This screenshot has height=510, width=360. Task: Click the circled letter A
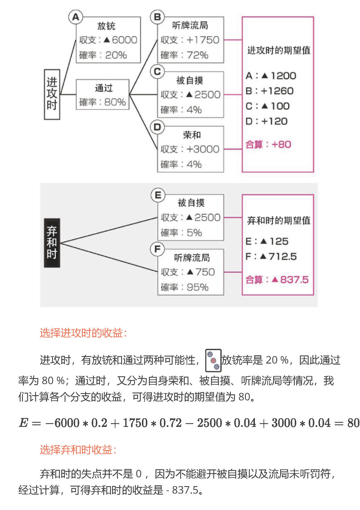pyautogui.click(x=76, y=17)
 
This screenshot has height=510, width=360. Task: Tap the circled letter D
pyautogui.click(x=157, y=127)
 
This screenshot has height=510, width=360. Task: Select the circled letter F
pyautogui.click(x=157, y=249)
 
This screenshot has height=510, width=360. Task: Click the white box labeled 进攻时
pyautogui.click(x=52, y=94)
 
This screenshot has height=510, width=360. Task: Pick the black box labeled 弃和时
pyautogui.click(x=52, y=243)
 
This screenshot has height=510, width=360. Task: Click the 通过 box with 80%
pyautogui.click(x=102, y=95)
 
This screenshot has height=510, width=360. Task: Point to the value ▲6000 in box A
pyautogui.click(x=120, y=40)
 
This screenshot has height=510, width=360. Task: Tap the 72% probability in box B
pyautogui.click(x=198, y=55)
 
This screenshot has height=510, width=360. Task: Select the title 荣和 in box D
pyautogui.click(x=192, y=135)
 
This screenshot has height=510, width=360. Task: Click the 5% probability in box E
pyautogui.click(x=194, y=233)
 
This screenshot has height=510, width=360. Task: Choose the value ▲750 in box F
pyautogui.click(x=201, y=272)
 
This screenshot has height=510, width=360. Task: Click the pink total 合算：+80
pyautogui.click(x=268, y=144)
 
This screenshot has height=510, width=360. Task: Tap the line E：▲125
pyautogui.click(x=267, y=241)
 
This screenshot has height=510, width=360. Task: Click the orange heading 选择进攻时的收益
pyautogui.click(x=83, y=333)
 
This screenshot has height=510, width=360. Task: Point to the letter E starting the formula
pyautogui.click(x=23, y=423)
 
